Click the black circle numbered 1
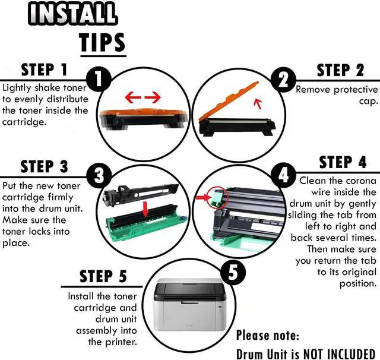pyautogui.click(x=99, y=79)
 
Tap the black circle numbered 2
pyautogui.click(x=283, y=80)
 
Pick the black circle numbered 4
pyautogui.click(x=283, y=175)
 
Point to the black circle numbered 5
pyautogui.click(x=233, y=271)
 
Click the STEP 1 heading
pyautogui.click(x=44, y=70)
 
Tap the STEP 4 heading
pyautogui.click(x=343, y=162)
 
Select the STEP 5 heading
pyautogui.click(x=103, y=276)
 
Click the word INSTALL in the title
pyautogui.click(x=72, y=13)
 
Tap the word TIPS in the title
pyautogui.click(x=103, y=43)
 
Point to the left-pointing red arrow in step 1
pyautogui.click(x=133, y=97)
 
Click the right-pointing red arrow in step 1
pyautogui.click(x=153, y=97)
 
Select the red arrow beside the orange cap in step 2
pyautogui.click(x=258, y=104)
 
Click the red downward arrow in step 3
pyautogui.click(x=145, y=209)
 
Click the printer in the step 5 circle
pyautogui.click(x=190, y=305)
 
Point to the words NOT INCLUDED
pyautogui.click(x=339, y=354)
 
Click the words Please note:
pyautogui.click(x=268, y=336)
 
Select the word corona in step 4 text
pyautogui.click(x=361, y=181)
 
